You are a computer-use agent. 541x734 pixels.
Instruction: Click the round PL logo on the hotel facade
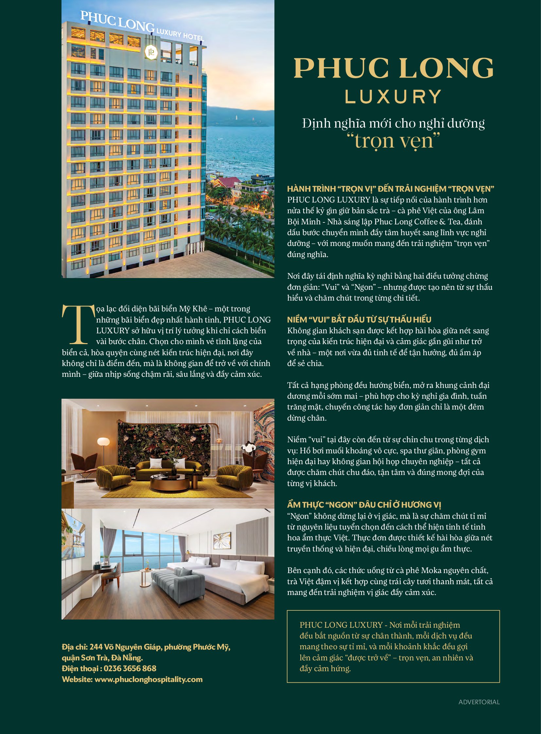[151, 52]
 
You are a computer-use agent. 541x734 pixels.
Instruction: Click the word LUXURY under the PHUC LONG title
[393, 97]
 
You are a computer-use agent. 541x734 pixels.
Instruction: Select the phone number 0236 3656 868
[130, 669]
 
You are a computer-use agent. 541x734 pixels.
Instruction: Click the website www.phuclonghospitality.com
[148, 679]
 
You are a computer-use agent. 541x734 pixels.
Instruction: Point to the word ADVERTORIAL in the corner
[479, 702]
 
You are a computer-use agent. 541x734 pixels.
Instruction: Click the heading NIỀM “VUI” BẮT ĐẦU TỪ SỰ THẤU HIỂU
[359, 320]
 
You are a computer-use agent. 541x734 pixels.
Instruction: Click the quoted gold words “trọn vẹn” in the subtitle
[393, 141]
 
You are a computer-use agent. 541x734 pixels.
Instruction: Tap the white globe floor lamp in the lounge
[103, 442]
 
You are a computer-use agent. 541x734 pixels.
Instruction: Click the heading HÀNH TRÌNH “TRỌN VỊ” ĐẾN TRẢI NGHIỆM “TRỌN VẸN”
[390, 189]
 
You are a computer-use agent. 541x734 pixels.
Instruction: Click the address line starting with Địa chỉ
[146, 647]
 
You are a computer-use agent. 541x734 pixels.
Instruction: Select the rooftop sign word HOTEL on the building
[193, 37]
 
